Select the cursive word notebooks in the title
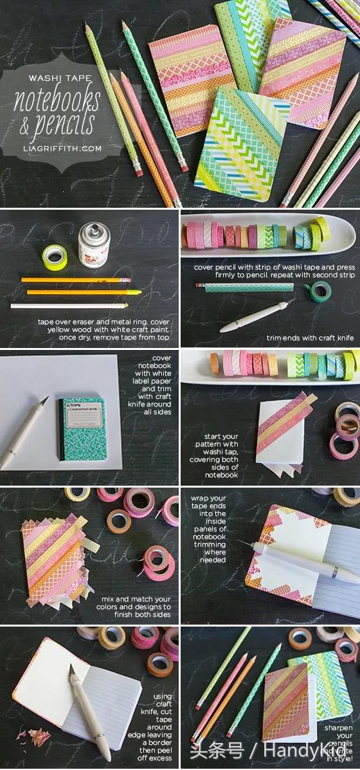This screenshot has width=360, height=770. tap(59, 99)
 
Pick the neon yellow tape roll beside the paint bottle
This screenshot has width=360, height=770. tap(55, 257)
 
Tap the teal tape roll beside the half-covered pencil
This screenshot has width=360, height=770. tap(321, 291)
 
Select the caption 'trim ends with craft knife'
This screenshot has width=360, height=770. tap(310, 337)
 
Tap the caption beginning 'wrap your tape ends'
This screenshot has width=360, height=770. tap(208, 527)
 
